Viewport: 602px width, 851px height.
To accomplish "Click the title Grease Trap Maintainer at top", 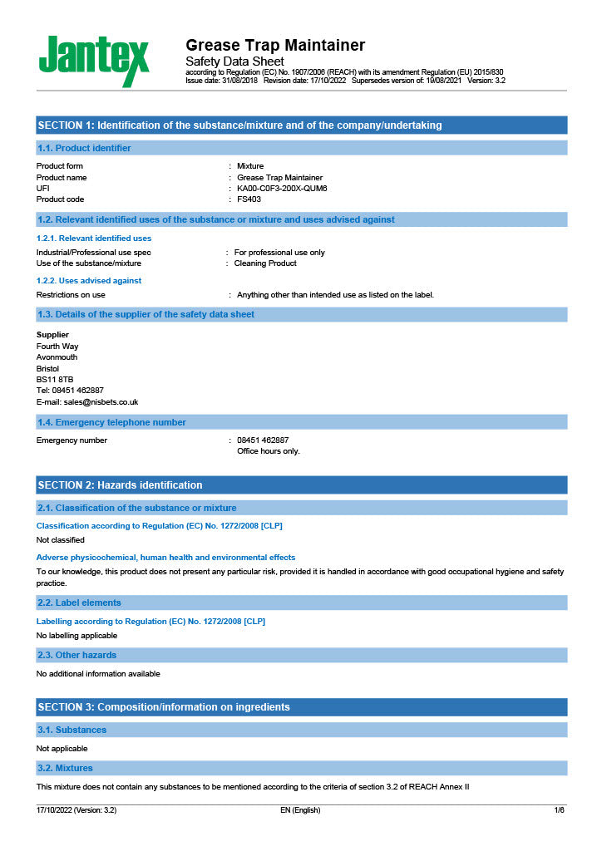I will point(274,45).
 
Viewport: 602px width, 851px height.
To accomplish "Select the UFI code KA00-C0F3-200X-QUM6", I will point(282,189).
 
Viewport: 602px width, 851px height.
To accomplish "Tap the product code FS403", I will point(249,199).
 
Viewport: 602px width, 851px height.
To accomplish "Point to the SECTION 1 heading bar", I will point(239,125).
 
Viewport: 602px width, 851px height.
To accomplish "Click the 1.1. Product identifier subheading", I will point(85,148).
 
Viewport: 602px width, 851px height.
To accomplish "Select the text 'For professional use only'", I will point(279,253).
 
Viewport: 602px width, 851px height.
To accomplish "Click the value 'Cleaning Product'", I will point(265,263).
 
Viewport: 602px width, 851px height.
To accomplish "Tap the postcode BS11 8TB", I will point(55,379).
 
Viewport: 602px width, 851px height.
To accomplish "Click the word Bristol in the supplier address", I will point(48,368).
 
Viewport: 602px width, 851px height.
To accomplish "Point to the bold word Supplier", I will point(52,335).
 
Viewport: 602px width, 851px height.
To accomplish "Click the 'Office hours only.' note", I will point(269,451).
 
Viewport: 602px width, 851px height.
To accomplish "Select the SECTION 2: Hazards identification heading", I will point(120,485).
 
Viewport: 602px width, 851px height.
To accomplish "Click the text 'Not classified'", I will point(61,540).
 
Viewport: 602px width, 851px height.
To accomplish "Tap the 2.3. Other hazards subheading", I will point(77,655).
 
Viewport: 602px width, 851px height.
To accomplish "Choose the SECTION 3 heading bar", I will point(164,707).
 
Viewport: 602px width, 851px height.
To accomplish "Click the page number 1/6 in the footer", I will point(559,810).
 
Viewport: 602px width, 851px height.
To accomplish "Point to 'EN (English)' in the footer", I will point(300,810).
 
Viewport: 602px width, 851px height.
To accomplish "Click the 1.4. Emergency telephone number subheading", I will point(112,422).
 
